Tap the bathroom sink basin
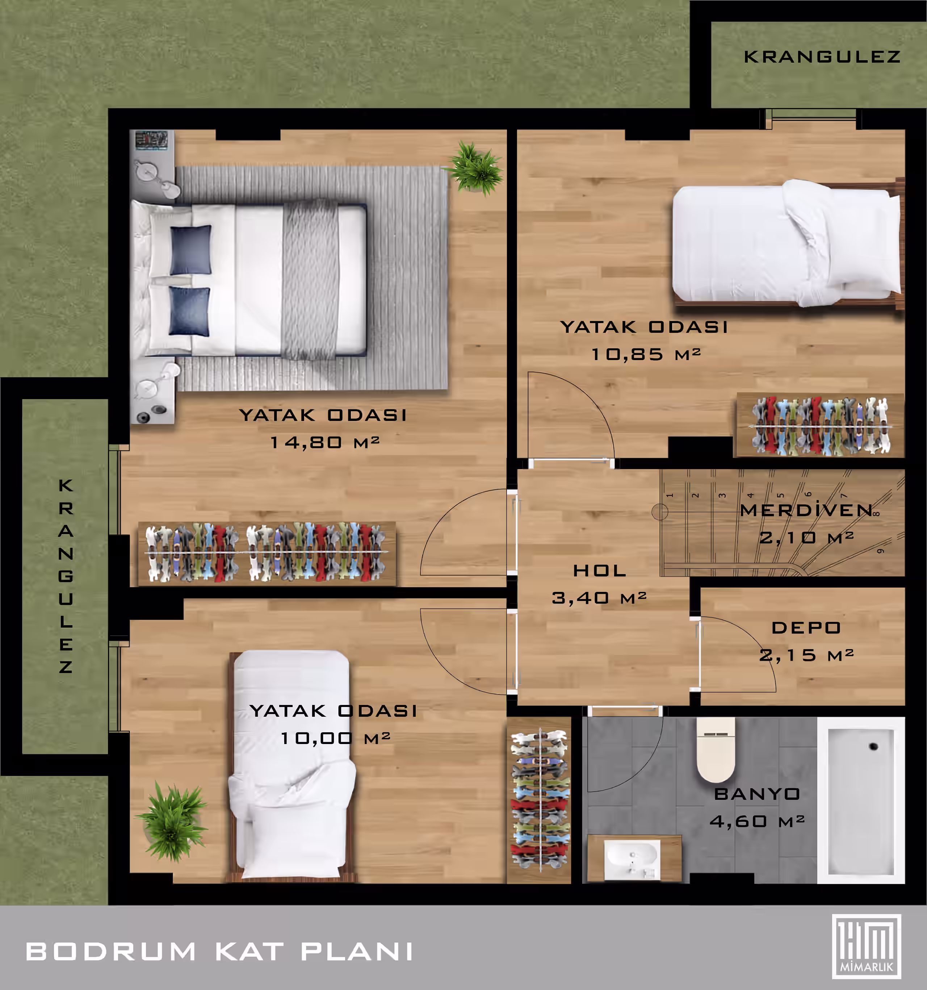coord(632,857)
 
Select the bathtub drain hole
coord(873,746)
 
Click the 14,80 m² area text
coord(324,442)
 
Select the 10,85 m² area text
coord(646,354)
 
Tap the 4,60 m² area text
coord(757,821)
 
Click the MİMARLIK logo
coord(867,947)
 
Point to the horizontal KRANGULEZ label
coord(822,57)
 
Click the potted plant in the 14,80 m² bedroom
coord(474,167)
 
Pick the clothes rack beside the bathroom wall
coord(540,800)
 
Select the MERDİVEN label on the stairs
coord(806,510)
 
